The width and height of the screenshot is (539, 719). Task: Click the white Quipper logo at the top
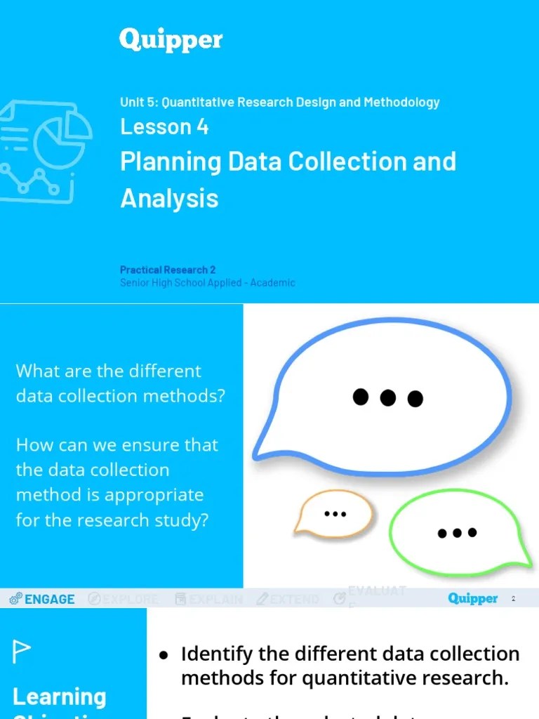pyautogui.click(x=171, y=40)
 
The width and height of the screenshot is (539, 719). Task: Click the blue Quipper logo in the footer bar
pyautogui.click(x=472, y=599)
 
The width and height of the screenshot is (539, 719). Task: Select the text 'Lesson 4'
pyautogui.click(x=164, y=127)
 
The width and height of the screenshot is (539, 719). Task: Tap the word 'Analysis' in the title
pyautogui.click(x=169, y=199)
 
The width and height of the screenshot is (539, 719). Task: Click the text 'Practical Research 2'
pyautogui.click(x=168, y=270)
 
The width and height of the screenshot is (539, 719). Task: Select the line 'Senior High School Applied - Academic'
pyautogui.click(x=207, y=282)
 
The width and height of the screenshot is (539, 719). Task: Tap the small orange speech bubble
pyautogui.click(x=335, y=512)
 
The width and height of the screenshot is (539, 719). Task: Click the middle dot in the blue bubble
pyautogui.click(x=388, y=397)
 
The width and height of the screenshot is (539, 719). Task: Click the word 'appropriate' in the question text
pyautogui.click(x=154, y=495)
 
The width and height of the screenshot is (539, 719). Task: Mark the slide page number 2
pyautogui.click(x=513, y=599)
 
